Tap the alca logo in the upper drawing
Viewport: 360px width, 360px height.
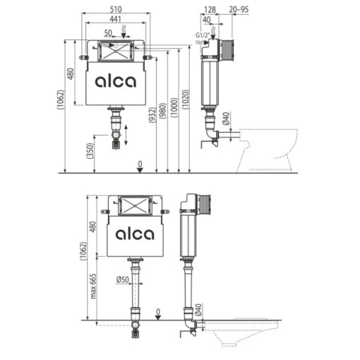(116, 82)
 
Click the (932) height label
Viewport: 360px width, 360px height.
(154, 116)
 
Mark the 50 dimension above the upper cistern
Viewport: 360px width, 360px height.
(107, 32)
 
